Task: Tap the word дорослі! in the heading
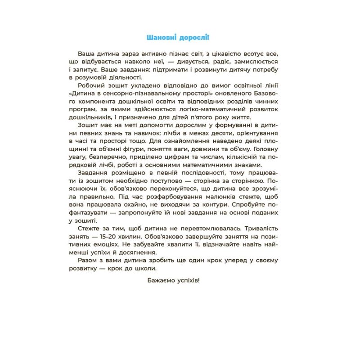click(197, 37)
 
